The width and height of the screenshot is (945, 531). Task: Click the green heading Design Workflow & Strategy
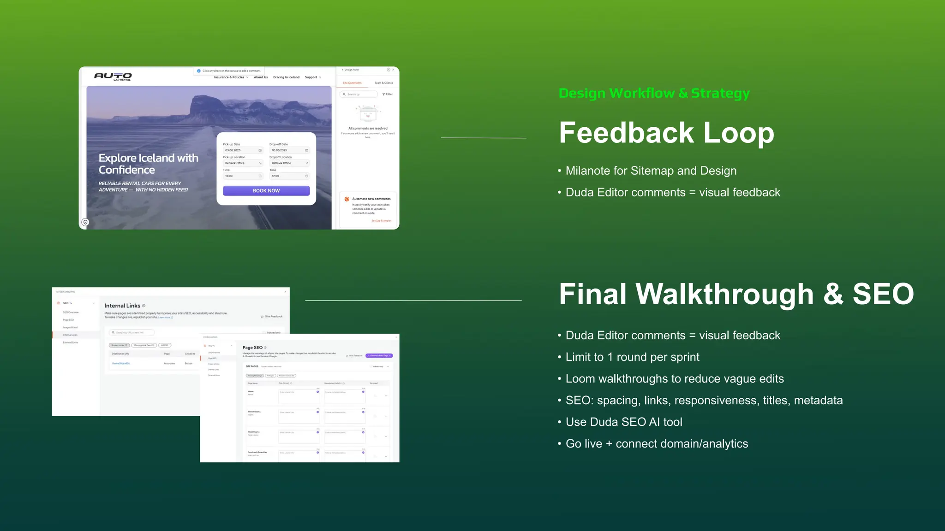coord(654,93)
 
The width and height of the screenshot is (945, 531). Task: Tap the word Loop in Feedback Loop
coord(738,133)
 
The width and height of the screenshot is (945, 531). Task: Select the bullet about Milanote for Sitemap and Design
coord(651,171)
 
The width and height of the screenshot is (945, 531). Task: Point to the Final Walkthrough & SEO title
coord(736,294)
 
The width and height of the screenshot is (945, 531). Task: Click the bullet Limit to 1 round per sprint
coord(632,357)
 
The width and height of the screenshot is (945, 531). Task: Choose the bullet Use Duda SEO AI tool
coord(624,422)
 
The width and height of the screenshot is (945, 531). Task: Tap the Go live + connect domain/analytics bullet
coord(657,444)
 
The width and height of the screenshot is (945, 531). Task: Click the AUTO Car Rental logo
coord(114,77)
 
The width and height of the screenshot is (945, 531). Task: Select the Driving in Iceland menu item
coord(286,77)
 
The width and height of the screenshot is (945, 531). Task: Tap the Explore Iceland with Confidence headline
coord(148,164)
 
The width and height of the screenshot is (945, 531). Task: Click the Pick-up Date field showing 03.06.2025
coord(243,150)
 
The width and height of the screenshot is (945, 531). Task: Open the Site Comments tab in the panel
coord(352,83)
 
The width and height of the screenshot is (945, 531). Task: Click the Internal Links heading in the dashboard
coord(122,306)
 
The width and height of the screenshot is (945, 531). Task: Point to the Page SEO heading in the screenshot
coord(252,348)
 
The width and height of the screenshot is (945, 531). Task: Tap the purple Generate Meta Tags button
coord(379,356)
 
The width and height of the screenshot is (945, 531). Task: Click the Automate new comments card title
coord(371,199)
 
